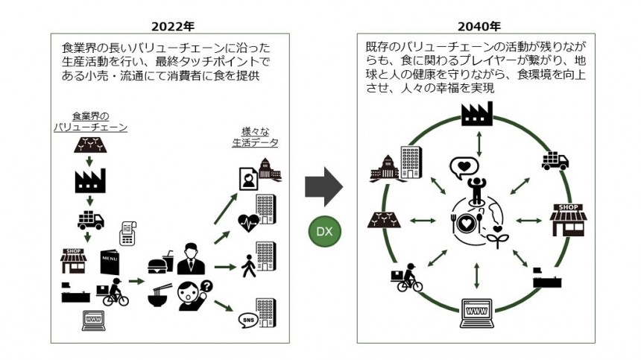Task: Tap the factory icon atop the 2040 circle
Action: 477,114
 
